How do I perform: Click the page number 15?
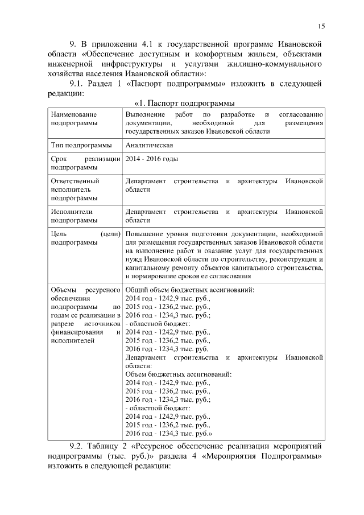[x=321, y=26]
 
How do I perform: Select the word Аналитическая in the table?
[x=149, y=145]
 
